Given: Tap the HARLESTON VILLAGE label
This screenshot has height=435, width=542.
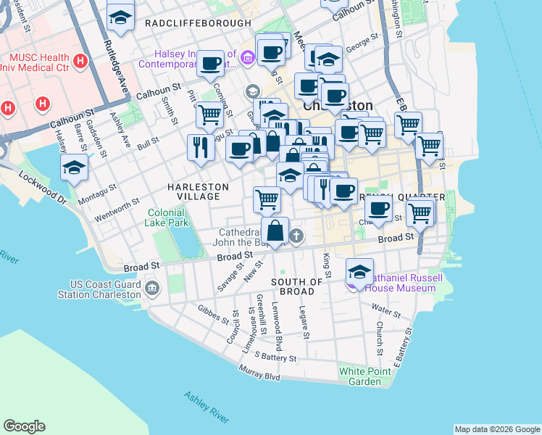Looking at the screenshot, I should pos(198,191).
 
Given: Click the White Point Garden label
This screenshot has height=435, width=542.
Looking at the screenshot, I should pos(359,376).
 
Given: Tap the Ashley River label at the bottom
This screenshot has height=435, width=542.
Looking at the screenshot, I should pos(207,407).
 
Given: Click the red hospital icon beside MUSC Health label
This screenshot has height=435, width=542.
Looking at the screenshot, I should pos(80,60).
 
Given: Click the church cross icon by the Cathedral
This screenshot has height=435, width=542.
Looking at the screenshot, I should pos(296,236).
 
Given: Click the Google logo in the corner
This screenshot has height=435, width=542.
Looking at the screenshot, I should pos(25,426).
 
